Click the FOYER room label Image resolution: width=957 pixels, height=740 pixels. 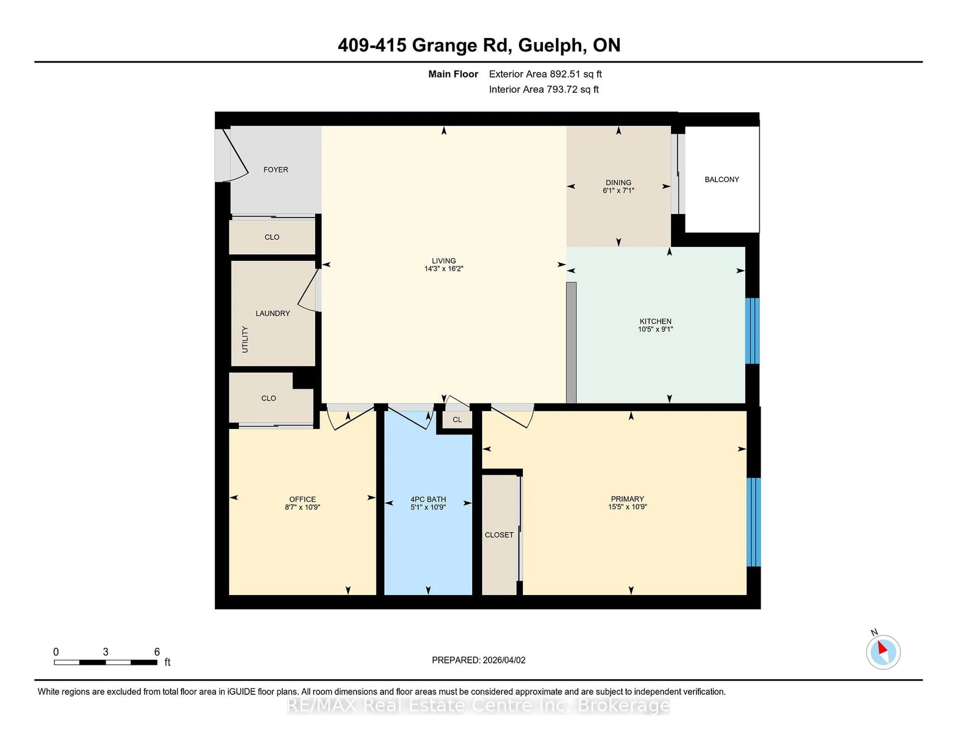[x=276, y=170]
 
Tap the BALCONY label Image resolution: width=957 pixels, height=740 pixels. [x=722, y=179]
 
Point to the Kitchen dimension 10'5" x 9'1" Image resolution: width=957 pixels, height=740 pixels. [x=655, y=329]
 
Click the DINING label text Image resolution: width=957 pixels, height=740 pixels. [x=618, y=182]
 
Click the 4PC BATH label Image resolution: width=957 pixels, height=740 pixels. [x=428, y=499]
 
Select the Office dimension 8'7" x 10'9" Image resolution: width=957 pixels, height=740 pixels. [x=302, y=507]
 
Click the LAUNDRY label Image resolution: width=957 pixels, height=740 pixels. [x=273, y=313]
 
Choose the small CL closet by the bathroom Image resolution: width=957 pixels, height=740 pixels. [x=457, y=420]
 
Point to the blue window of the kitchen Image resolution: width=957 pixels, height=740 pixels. [x=752, y=331]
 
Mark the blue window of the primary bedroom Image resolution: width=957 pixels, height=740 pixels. [x=754, y=522]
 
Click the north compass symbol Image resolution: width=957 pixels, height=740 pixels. [x=883, y=652]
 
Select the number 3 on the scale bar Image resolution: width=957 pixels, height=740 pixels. [x=106, y=652]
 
